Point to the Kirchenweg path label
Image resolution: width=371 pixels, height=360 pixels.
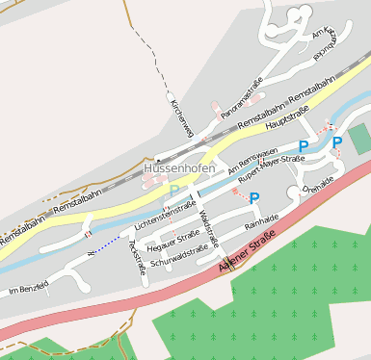point(181,116)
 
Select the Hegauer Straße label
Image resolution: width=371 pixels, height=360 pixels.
point(173,239)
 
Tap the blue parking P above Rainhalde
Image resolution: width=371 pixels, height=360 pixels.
point(254,198)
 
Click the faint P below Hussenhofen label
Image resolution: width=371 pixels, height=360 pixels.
point(174,191)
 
